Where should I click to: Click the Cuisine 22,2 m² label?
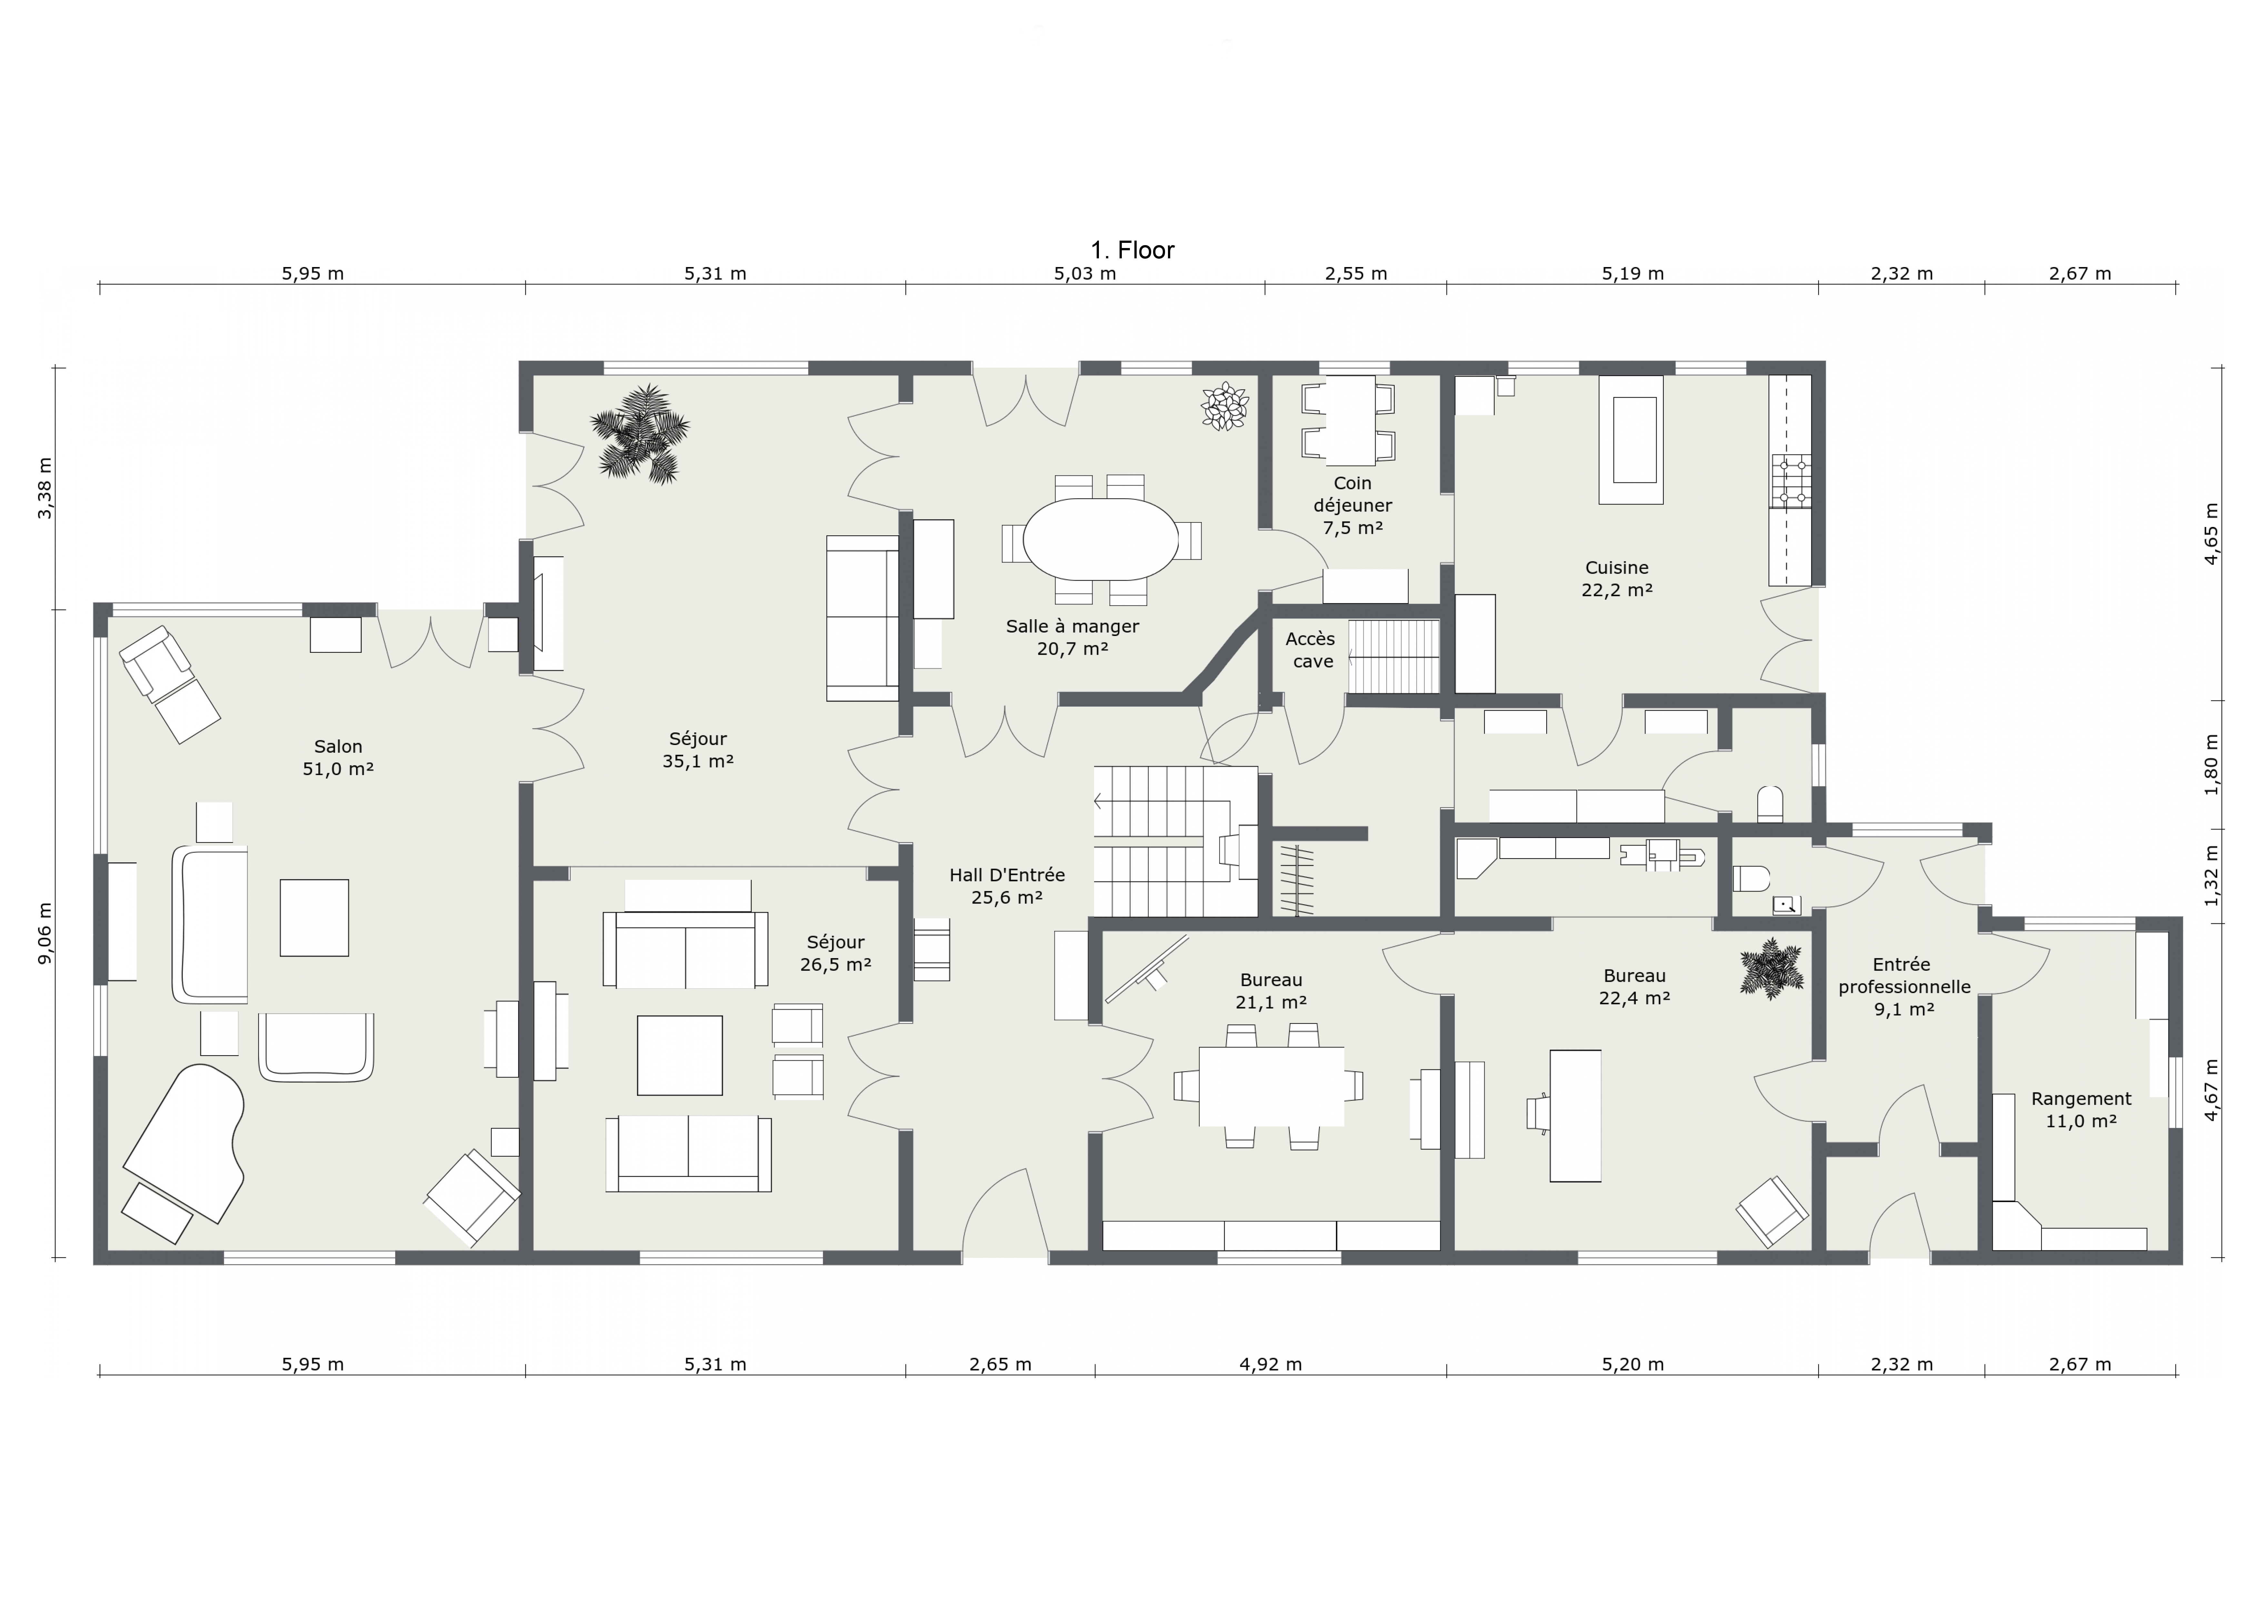pos(1616,579)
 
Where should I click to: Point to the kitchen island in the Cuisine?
pos(1634,440)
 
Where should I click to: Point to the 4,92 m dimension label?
pos(1271,1364)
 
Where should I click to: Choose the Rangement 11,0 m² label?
pos(2081,1109)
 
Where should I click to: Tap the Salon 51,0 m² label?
pos(338,757)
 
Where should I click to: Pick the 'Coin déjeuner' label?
pos(1352,494)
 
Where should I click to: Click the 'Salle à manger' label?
pos(1072,626)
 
